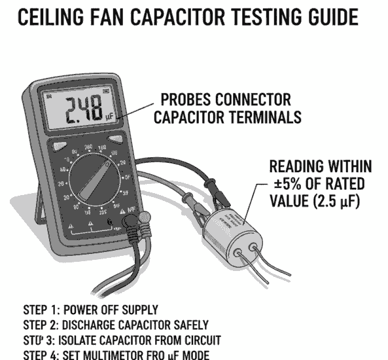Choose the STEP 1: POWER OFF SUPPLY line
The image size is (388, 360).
(x=91, y=310)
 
